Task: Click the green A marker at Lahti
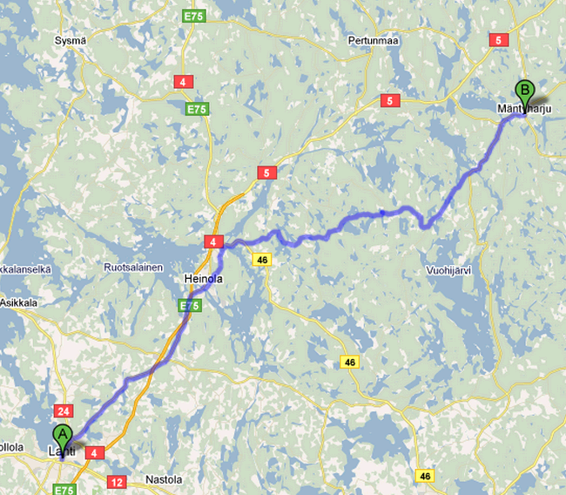pos(63,434)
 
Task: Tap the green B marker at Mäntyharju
pos(524,90)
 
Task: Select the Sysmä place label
pos(70,41)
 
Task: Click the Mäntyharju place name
pos(525,108)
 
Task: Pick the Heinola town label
pos(204,279)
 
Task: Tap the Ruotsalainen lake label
pos(133,268)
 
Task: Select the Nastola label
pos(165,480)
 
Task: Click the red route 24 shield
pos(62,410)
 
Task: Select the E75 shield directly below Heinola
pos(188,306)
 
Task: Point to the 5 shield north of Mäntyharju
pos(499,39)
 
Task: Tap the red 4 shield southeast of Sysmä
pos(182,82)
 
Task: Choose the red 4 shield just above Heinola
pos(212,241)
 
